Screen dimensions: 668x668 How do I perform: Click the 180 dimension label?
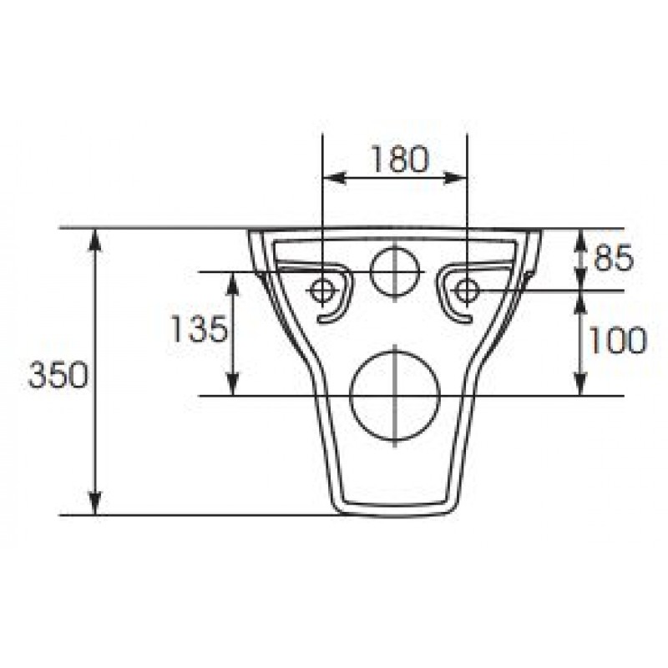pos(399,159)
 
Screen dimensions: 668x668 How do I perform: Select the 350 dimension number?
pos(58,375)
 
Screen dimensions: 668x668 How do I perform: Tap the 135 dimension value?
pos(199,329)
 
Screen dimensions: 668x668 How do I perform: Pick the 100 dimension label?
pos(617,340)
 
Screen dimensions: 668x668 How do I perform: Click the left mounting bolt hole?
pos(322,291)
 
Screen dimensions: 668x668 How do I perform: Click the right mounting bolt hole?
pos(468,291)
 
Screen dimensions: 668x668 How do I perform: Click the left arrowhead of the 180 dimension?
pos(334,178)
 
